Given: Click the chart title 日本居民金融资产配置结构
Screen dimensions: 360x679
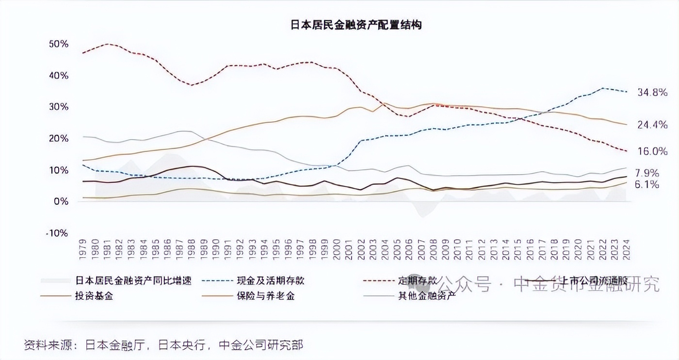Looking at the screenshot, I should coord(356,25).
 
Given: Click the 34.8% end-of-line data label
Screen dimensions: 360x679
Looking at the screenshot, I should coord(652,92).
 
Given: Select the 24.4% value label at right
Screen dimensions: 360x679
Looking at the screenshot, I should coord(652,125).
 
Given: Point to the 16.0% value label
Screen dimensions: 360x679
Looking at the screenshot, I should coord(652,151).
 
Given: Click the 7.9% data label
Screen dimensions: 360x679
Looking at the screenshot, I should coord(647,173).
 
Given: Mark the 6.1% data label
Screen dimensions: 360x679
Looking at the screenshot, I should coord(647,185).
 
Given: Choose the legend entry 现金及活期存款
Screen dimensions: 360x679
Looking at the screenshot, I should coord(271,280).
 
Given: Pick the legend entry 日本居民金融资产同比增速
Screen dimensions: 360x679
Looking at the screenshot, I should coord(133,280).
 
